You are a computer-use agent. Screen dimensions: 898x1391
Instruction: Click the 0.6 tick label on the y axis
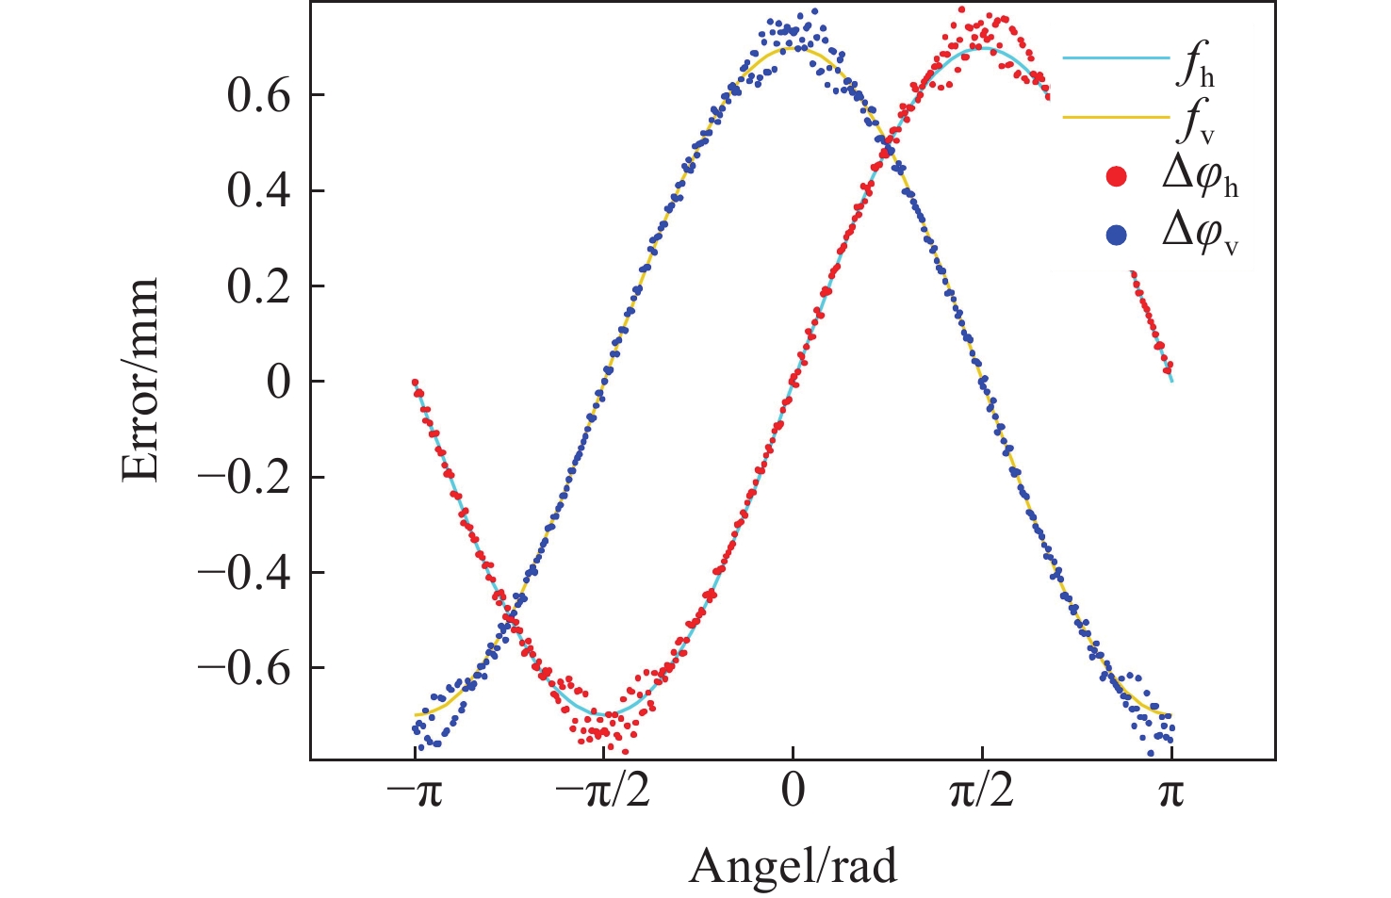coord(258,96)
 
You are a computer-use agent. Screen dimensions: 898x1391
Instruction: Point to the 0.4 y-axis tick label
coord(258,191)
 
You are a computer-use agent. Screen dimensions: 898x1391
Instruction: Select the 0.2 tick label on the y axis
coord(258,286)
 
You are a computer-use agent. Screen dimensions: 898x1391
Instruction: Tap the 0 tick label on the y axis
coord(278,383)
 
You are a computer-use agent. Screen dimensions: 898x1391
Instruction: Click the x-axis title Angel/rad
coord(794,866)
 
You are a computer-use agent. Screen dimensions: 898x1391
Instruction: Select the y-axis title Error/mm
coord(141,381)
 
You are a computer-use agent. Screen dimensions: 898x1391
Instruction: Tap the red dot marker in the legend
coord(1117,177)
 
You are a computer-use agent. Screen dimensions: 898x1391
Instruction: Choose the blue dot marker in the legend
coord(1117,236)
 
